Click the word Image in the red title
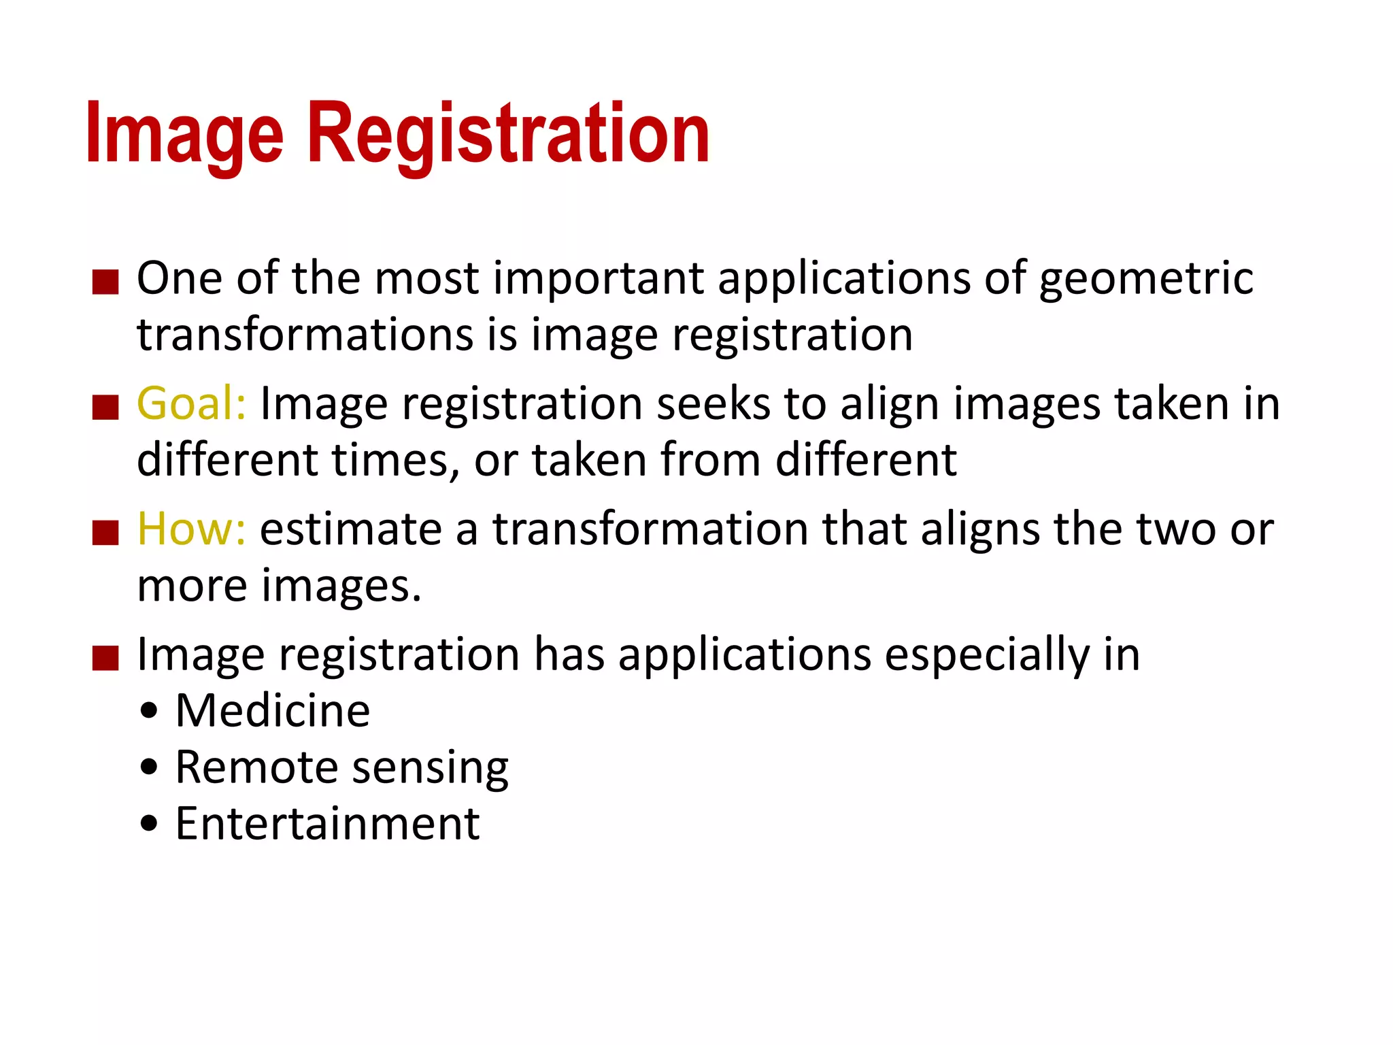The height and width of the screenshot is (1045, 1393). [184, 133]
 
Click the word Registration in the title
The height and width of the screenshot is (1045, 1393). [509, 133]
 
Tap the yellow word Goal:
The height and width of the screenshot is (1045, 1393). [191, 403]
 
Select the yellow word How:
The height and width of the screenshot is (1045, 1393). [191, 529]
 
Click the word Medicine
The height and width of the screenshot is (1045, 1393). [273, 711]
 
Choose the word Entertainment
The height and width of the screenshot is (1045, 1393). [328, 824]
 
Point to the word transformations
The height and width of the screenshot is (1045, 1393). [305, 335]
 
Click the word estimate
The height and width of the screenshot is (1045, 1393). [351, 529]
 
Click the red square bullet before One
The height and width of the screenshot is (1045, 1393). [105, 282]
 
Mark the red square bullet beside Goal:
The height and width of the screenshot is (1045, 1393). [105, 407]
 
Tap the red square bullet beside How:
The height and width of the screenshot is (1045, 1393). [105, 532]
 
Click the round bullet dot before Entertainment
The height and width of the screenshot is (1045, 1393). [149, 825]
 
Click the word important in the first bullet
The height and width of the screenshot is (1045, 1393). [599, 278]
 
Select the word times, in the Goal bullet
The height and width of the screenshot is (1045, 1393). [395, 460]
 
